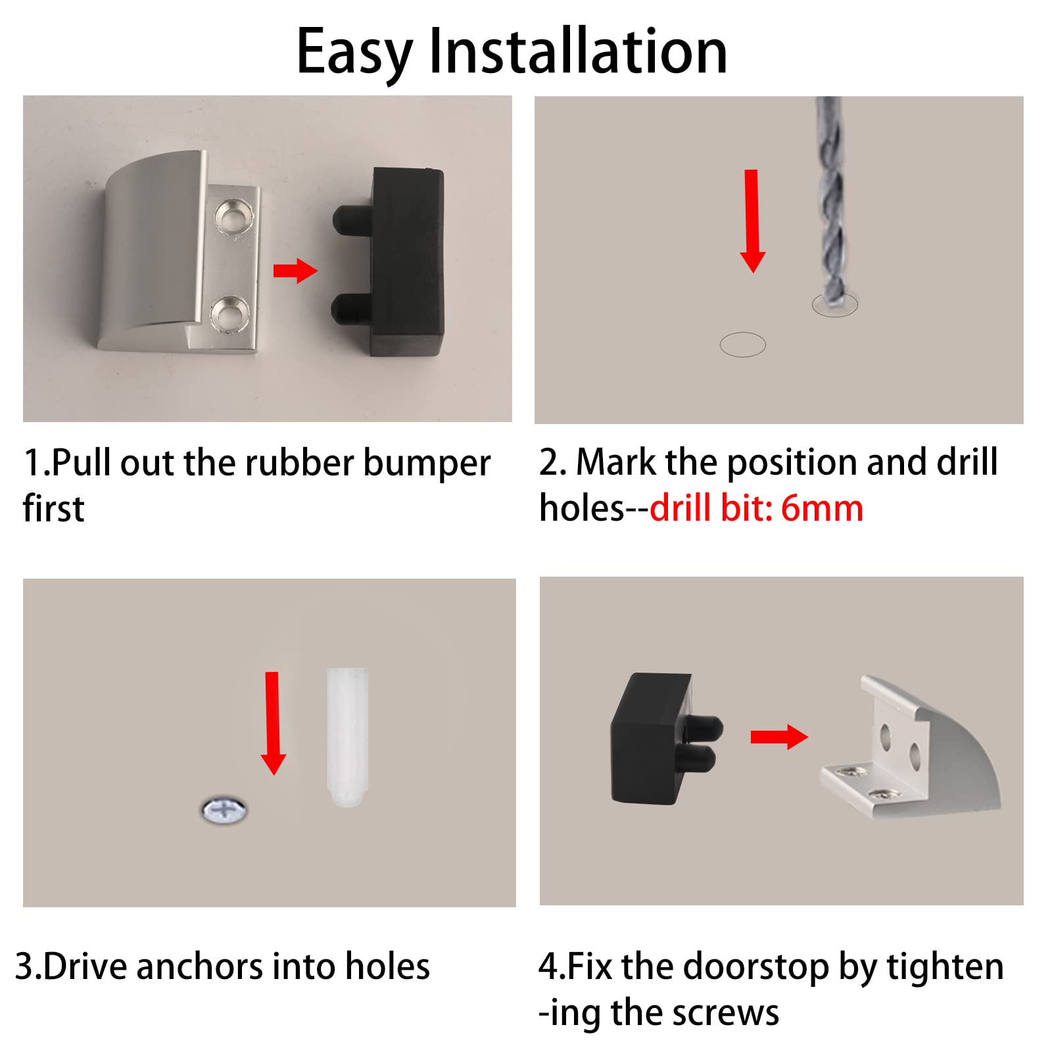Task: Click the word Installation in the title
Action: click(578, 51)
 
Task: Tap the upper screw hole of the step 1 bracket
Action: click(233, 216)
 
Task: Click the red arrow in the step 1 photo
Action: click(295, 270)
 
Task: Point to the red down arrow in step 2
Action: click(752, 221)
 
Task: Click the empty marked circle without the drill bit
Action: click(743, 345)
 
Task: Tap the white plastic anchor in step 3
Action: click(347, 738)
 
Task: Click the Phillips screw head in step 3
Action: click(224, 809)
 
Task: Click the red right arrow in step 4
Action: click(779, 737)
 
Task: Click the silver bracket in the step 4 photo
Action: click(914, 750)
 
